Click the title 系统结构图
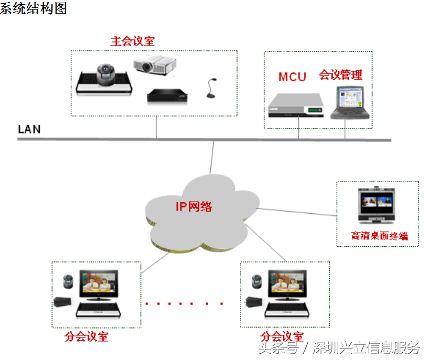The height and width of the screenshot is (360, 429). [34, 9]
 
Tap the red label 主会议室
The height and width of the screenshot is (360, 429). [133, 41]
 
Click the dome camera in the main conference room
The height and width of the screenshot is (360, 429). [106, 74]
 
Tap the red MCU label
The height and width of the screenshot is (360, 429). [292, 77]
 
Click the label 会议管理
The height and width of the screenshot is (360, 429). [340, 75]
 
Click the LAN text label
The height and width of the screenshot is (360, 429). [29, 129]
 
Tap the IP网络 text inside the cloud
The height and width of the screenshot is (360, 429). [194, 206]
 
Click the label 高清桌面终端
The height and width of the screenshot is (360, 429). [379, 236]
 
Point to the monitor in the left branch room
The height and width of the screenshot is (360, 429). [99, 285]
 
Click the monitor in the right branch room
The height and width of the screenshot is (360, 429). [287, 285]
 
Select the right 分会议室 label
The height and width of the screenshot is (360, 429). [282, 336]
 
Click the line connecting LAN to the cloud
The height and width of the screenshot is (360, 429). [211, 157]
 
